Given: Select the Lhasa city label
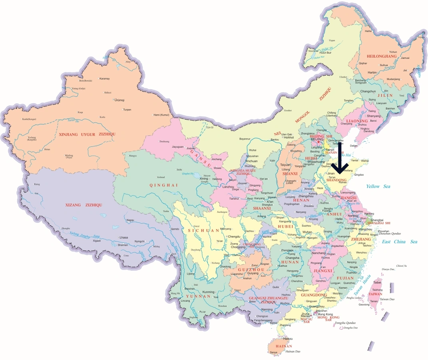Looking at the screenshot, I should (x=123, y=238).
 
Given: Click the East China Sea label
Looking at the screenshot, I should (x=399, y=242).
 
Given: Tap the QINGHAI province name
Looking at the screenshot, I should (x=152, y=185).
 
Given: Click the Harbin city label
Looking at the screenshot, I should (x=372, y=72).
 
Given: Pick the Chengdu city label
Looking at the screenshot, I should (x=234, y=236).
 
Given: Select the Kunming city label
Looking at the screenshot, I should (x=209, y=292).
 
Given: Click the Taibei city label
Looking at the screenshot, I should (x=377, y=282).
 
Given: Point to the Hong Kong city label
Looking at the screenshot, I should (x=325, y=314).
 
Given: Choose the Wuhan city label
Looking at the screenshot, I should (x=307, y=232).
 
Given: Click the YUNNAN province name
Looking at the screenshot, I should (x=198, y=296).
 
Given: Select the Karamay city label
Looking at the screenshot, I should (x=104, y=78).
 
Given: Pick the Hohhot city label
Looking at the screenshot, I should (x=289, y=137).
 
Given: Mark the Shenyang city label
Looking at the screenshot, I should (x=373, y=116).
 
